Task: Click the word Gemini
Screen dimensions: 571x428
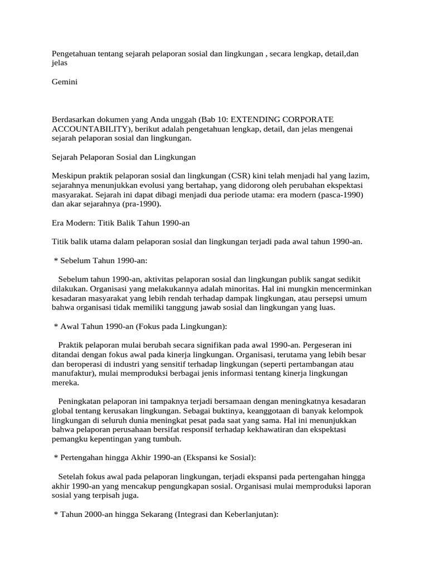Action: pyautogui.click(x=65, y=82)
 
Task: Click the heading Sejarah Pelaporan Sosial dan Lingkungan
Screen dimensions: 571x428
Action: pyautogui.click(x=124, y=157)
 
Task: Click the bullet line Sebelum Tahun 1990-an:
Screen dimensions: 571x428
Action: pyautogui.click(x=100, y=261)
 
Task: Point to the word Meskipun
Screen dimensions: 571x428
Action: pyautogui.click(x=69, y=176)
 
